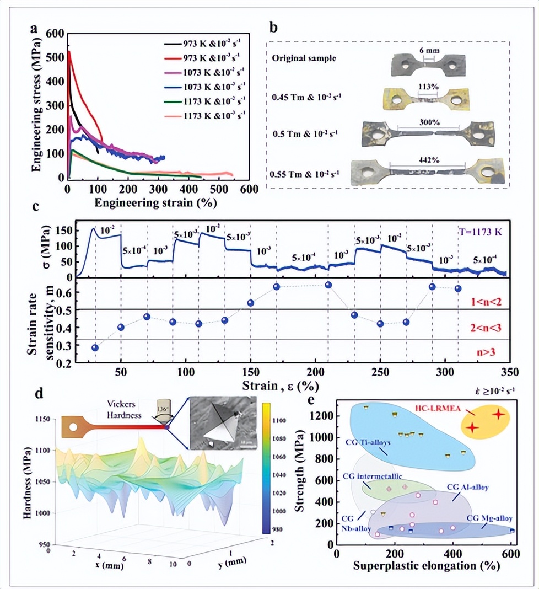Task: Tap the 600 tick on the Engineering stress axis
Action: click(x=53, y=33)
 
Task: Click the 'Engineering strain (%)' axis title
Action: click(x=155, y=202)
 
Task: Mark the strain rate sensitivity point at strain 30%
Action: click(x=95, y=347)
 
